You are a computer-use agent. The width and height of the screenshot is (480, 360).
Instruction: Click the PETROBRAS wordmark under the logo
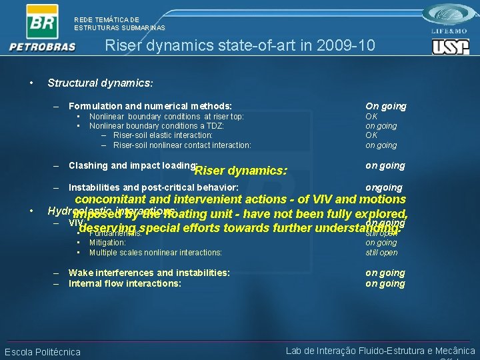42,47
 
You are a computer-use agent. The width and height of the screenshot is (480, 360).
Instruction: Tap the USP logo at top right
451,47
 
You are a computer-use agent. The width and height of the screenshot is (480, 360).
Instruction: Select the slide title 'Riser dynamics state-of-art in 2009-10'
240,45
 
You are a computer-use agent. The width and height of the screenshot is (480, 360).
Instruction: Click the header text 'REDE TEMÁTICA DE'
107,20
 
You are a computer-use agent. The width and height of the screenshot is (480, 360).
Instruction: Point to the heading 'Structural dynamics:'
101,83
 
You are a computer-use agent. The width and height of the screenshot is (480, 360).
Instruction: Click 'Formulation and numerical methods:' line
150,106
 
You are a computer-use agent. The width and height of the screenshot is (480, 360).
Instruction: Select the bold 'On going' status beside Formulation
385,106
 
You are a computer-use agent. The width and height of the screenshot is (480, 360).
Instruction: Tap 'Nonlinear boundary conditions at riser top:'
167,116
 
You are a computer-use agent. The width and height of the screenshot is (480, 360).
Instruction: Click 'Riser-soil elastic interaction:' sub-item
163,135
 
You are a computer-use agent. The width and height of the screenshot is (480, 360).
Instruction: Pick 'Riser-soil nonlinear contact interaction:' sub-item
182,145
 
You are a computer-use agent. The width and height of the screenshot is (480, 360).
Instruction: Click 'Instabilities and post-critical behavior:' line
153,187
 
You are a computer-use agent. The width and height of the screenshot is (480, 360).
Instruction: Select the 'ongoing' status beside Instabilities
383,187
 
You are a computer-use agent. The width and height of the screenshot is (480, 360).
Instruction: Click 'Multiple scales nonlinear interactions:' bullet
155,253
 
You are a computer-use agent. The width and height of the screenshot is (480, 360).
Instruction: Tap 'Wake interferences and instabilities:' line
149,273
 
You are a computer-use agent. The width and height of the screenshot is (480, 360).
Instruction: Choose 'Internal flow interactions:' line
125,283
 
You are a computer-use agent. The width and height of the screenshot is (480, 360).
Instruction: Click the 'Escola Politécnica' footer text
43,352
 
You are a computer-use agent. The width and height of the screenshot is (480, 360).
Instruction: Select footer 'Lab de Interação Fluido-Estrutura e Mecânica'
380,351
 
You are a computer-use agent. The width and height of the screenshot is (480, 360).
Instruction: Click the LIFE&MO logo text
451,31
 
